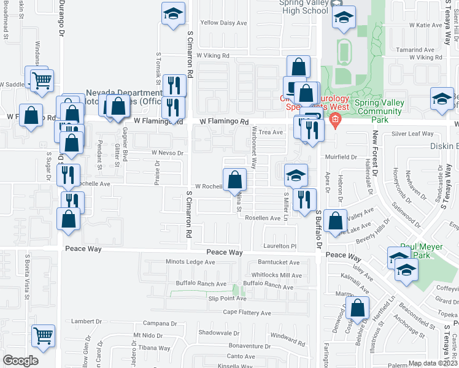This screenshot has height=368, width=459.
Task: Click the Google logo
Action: point(20,361)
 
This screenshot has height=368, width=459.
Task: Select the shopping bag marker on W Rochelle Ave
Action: point(234,180)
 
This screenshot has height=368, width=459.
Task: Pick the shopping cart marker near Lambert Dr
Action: point(43,335)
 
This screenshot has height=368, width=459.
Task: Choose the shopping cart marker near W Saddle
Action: point(42,80)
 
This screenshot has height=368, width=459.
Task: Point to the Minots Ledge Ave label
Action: point(190,262)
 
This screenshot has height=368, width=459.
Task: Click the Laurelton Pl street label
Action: point(280,246)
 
